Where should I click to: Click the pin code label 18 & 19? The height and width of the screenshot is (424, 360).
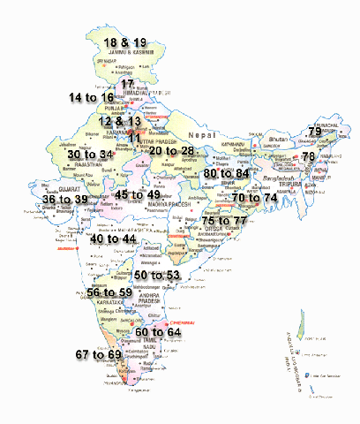click(x=125, y=42)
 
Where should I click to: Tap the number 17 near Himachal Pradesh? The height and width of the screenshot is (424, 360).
click(x=127, y=84)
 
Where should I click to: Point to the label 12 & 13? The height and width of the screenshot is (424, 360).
click(x=119, y=121)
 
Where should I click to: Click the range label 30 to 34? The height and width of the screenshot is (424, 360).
click(x=90, y=155)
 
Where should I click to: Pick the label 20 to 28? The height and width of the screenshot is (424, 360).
click(x=172, y=152)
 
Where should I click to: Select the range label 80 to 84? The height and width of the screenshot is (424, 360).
click(x=227, y=174)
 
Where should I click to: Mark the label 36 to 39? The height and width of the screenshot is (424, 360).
click(x=65, y=201)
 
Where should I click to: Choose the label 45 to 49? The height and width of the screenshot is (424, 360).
click(x=138, y=194)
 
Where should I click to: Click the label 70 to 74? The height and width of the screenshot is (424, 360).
click(x=255, y=200)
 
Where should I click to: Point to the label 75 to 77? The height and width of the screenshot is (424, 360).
click(x=225, y=221)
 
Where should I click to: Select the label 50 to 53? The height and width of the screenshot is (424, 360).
click(x=157, y=276)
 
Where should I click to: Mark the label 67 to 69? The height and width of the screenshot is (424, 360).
click(x=98, y=354)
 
